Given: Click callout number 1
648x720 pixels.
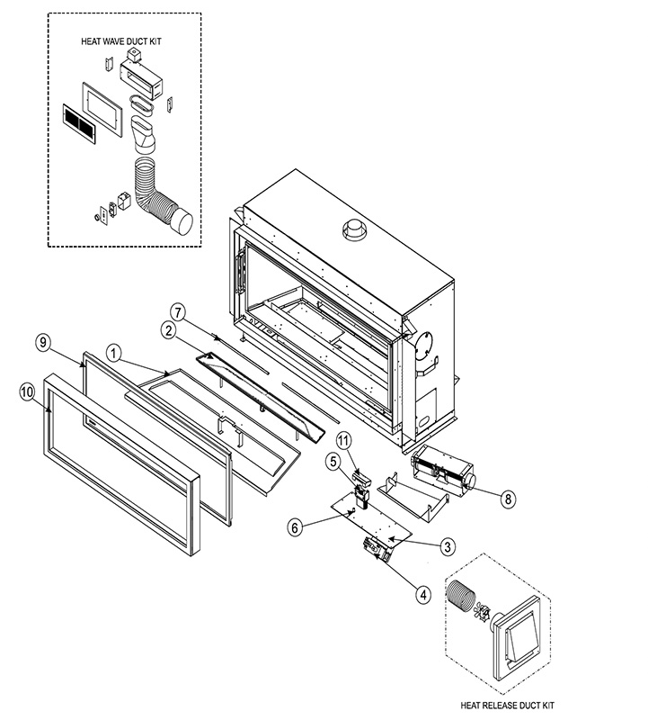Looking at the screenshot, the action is pyautogui.click(x=114, y=354).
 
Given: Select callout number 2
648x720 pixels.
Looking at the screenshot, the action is pyautogui.click(x=169, y=330).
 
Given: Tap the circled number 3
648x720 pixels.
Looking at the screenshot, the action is pyautogui.click(x=448, y=546).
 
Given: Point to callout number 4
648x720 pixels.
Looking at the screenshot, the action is pyautogui.click(x=422, y=595).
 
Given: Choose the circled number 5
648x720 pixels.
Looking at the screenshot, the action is pyautogui.click(x=334, y=462).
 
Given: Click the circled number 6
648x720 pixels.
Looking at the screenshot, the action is pyautogui.click(x=295, y=527).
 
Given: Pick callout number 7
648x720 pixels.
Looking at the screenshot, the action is pyautogui.click(x=178, y=313).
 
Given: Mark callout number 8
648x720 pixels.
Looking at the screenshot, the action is pyautogui.click(x=507, y=499).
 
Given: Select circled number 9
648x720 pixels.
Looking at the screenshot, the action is pyautogui.click(x=43, y=343).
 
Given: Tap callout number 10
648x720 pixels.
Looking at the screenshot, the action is pyautogui.click(x=28, y=392).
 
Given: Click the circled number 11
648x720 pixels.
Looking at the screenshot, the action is pyautogui.click(x=343, y=441).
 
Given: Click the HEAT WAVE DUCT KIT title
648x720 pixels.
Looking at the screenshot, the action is pyautogui.click(x=121, y=41).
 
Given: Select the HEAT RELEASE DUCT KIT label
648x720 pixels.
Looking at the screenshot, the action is pyautogui.click(x=507, y=706).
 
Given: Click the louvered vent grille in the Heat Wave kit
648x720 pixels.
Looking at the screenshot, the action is pyautogui.click(x=79, y=123).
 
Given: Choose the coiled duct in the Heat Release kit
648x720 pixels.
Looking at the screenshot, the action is pyautogui.click(x=459, y=596).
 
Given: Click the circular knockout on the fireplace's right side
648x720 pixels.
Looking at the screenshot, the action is pyautogui.click(x=423, y=346).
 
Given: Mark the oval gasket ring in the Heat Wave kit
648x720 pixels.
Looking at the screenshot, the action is pyautogui.click(x=140, y=103).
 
